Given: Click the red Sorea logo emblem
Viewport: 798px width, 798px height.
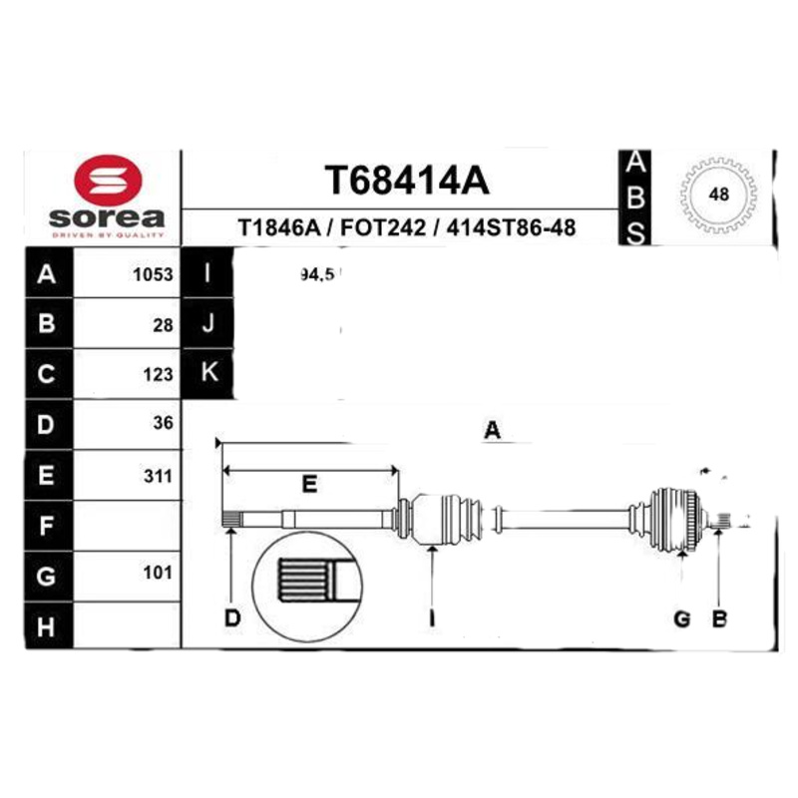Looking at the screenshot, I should [x=109, y=184].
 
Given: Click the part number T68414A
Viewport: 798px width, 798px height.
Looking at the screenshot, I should [x=406, y=182].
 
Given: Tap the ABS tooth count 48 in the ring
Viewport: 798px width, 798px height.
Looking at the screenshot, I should [x=717, y=196].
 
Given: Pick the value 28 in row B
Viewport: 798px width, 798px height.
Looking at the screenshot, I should [x=163, y=325].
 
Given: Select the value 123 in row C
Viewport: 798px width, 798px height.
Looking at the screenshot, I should [x=159, y=375].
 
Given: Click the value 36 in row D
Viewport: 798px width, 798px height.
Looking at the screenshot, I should [x=163, y=423].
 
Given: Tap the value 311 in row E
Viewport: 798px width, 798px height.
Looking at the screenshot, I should [x=159, y=476].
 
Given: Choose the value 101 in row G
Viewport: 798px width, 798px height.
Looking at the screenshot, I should [x=159, y=573].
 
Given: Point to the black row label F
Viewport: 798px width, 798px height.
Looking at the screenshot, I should [x=47, y=525].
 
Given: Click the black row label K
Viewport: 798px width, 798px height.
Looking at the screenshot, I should [x=208, y=372].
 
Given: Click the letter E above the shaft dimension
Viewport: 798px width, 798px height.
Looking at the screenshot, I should [x=309, y=486].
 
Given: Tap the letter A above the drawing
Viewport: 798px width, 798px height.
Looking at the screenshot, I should [x=491, y=431].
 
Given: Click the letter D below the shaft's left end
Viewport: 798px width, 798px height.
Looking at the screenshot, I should [x=231, y=618].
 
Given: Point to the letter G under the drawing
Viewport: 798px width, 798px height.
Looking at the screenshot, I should [x=682, y=618].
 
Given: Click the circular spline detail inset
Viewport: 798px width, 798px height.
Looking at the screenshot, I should [x=307, y=581].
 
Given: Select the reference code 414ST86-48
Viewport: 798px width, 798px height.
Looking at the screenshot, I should [x=512, y=228].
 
